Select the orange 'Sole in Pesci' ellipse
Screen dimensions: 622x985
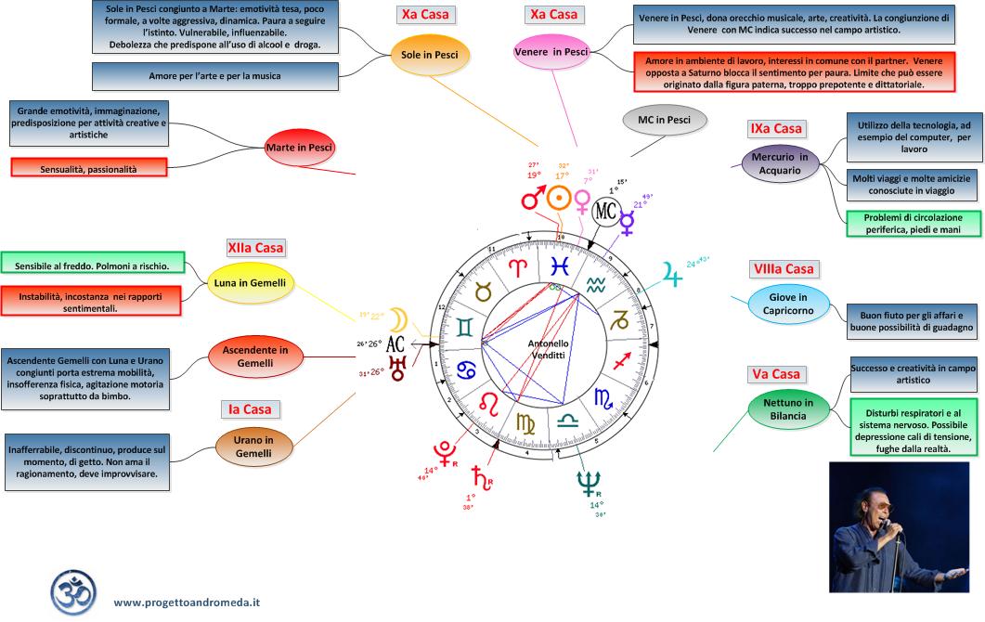[x=430, y=54]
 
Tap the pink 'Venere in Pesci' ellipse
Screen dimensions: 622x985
[x=551, y=53]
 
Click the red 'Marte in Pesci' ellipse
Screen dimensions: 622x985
[x=299, y=148]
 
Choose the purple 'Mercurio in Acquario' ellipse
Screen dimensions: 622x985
[x=778, y=163]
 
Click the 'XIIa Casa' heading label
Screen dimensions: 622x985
[x=255, y=248]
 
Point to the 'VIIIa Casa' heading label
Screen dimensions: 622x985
[x=782, y=269]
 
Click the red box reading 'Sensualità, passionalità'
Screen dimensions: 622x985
[x=88, y=169]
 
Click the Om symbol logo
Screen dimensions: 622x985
[x=73, y=591]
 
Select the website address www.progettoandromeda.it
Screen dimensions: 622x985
[x=187, y=602]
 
